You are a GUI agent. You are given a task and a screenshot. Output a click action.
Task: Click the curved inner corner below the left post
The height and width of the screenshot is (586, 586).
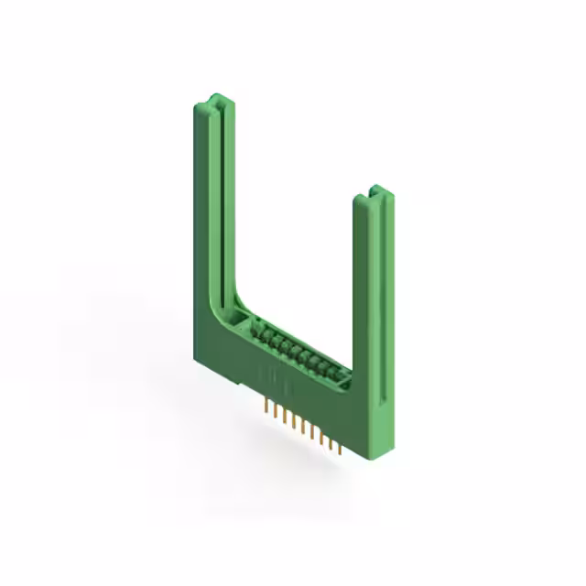[x=229, y=307]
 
